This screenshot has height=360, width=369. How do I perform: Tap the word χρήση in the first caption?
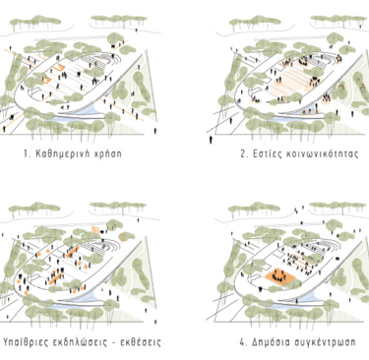tap(108, 154)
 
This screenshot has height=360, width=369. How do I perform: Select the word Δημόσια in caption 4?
tap(272, 342)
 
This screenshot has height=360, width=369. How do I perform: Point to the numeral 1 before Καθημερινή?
tap(26, 153)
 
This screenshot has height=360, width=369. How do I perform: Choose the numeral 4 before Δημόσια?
tap(243, 342)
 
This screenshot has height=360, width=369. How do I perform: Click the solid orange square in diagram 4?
tap(280, 277)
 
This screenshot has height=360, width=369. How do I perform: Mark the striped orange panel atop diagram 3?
tap(95, 230)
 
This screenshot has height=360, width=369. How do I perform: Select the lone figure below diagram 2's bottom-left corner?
tap(211, 140)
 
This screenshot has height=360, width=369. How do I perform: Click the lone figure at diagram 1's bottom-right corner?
tap(155, 131)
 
